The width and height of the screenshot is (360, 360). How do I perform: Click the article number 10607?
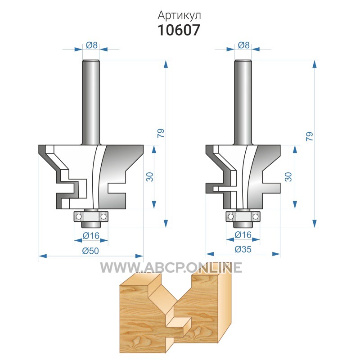click(x=179, y=30)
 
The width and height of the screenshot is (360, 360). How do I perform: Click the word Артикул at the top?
click(x=179, y=16)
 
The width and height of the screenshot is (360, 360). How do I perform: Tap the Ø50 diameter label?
click(x=90, y=251)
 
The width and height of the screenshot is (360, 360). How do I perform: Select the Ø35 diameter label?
click(x=243, y=249)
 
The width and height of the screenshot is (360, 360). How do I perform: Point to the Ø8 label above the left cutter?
click(x=92, y=45)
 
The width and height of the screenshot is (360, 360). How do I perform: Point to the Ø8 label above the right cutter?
click(x=243, y=45)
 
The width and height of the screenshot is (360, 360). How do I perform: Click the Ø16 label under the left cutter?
click(x=91, y=235)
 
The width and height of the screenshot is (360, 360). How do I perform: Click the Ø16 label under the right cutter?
click(x=243, y=234)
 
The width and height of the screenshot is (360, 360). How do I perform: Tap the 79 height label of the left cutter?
click(x=161, y=133)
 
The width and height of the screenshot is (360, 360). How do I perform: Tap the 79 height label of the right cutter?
click(x=310, y=137)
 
